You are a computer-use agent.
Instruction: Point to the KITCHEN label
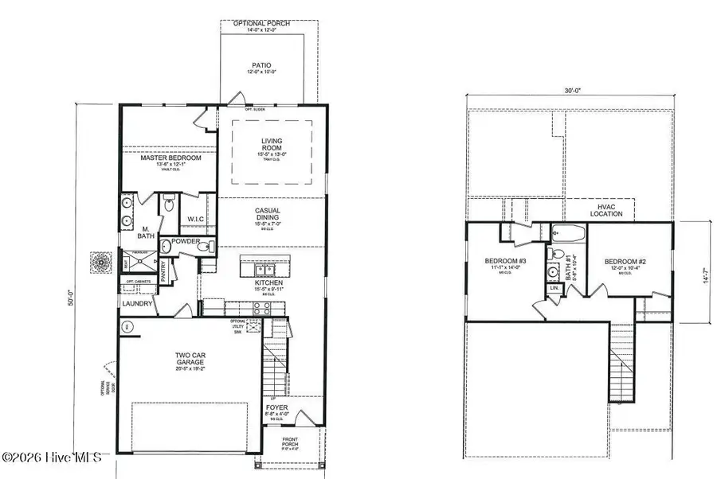pyautogui.click(x=265, y=282)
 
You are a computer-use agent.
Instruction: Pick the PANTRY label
pyautogui.click(x=164, y=270)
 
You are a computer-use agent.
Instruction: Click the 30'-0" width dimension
pyautogui.click(x=571, y=92)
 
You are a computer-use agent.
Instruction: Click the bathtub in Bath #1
pyautogui.click(x=569, y=233)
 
